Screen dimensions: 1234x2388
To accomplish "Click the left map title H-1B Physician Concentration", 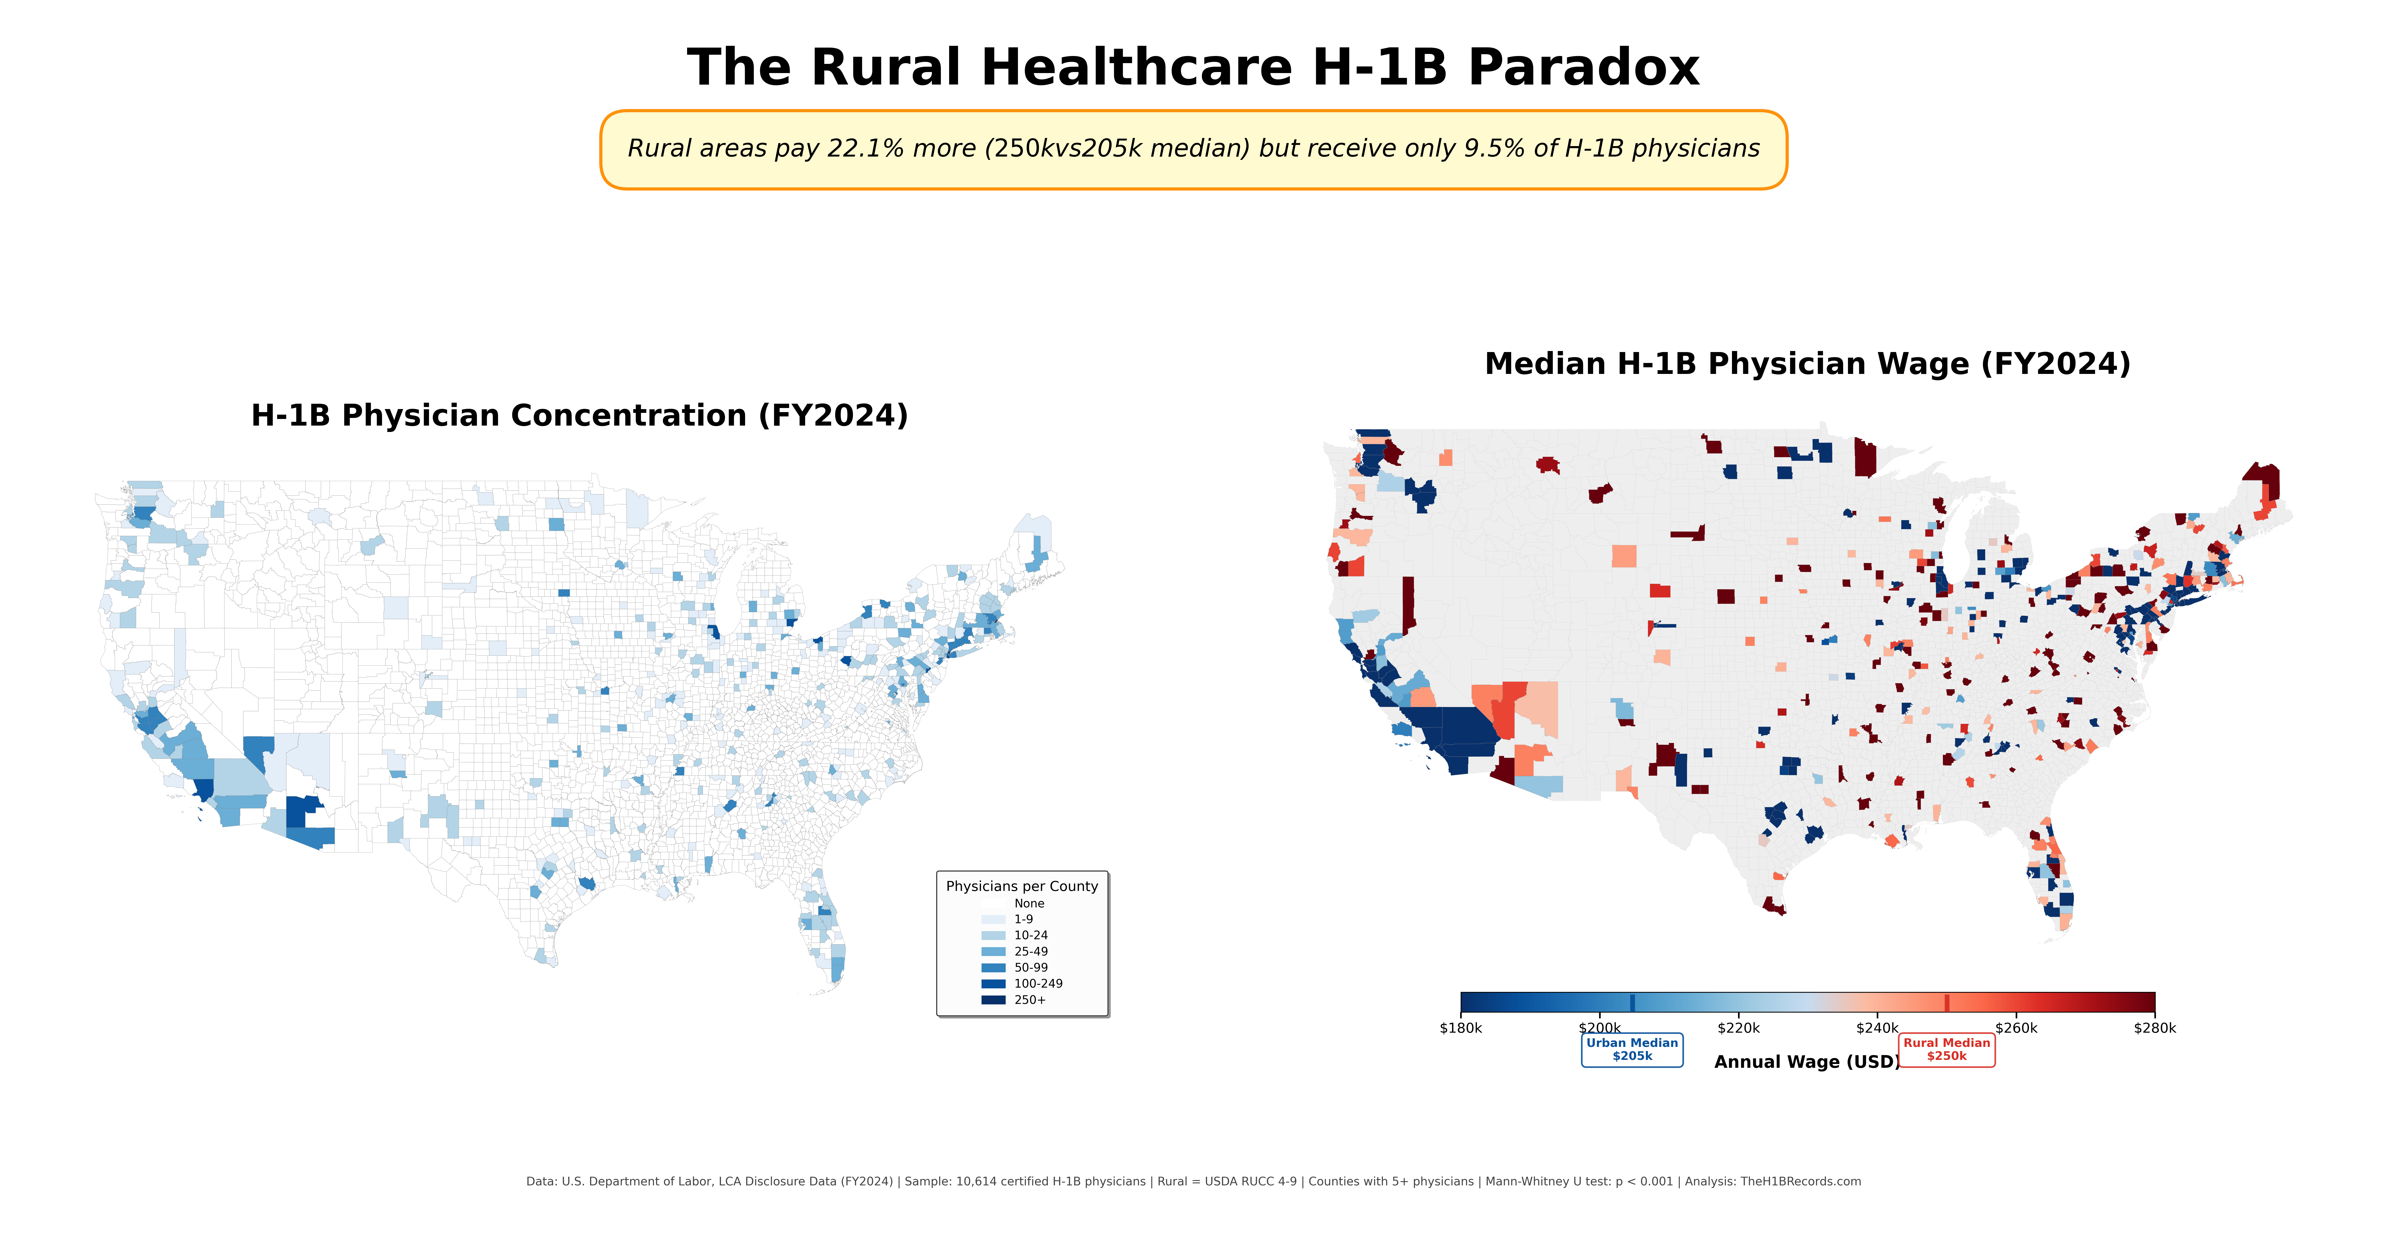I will pyautogui.click(x=579, y=415).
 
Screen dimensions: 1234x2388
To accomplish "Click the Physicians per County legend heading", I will pyautogui.click(x=1021, y=886).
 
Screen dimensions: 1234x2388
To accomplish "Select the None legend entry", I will pyautogui.click(x=1029, y=903).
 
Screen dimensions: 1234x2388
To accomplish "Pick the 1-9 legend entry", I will pyautogui.click(x=1024, y=919).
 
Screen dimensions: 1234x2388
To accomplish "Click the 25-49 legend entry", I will pyautogui.click(x=1030, y=951).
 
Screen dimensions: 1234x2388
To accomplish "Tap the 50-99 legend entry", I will pyautogui.click(x=1030, y=967).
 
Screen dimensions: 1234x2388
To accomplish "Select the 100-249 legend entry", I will pyautogui.click(x=1037, y=984).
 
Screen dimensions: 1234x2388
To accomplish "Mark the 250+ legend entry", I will pyautogui.click(x=1029, y=999).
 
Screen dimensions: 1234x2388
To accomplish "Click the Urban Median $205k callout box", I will pyautogui.click(x=1631, y=1049).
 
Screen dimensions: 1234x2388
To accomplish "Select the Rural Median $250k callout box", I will pyautogui.click(x=1947, y=1049).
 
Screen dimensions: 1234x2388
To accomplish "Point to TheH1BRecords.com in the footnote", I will pyautogui.click(x=1800, y=1181).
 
